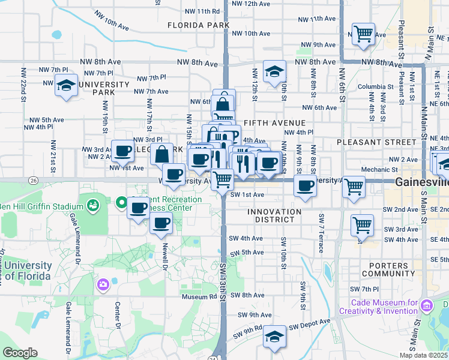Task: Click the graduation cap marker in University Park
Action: pyautogui.click(x=67, y=85)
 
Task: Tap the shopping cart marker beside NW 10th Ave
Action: pyautogui.click(x=363, y=34)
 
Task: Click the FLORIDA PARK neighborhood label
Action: pyautogui.click(x=199, y=25)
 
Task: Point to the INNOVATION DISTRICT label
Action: pyautogui.click(x=274, y=215)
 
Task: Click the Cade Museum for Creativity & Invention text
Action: pyautogui.click(x=378, y=307)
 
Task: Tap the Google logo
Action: pyautogui.click(x=20, y=353)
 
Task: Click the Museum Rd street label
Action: pyautogui.click(x=200, y=296)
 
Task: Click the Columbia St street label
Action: pyautogui.click(x=375, y=86)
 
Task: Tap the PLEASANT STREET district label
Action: pyautogui.click(x=376, y=142)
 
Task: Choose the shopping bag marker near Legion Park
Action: pyautogui.click(x=161, y=154)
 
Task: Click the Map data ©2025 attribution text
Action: pyautogui.click(x=424, y=355)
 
